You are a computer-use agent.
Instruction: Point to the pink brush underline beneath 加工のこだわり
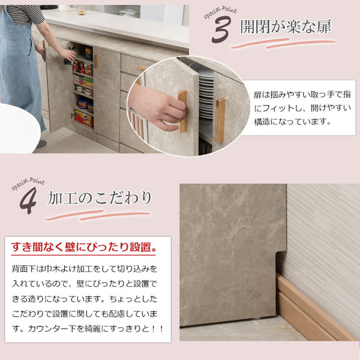coord(99,215)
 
